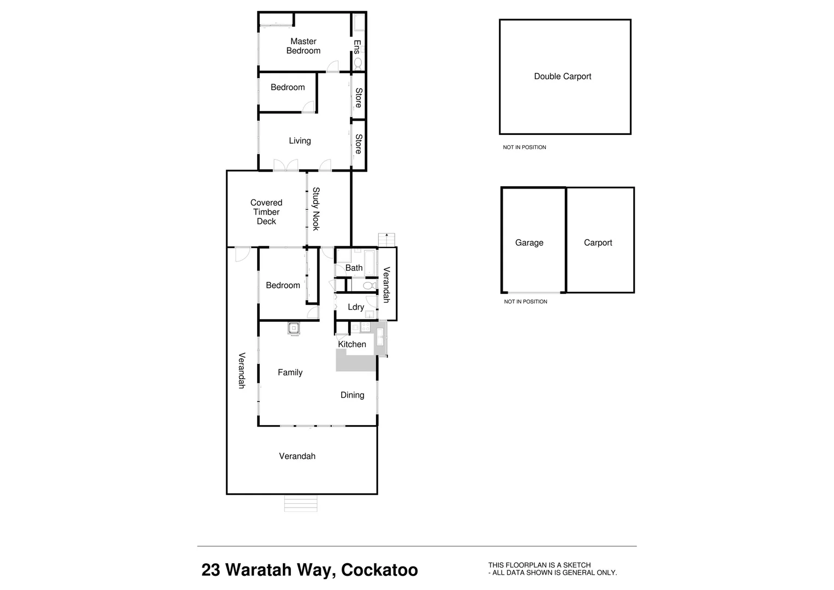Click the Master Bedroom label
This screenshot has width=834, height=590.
303,46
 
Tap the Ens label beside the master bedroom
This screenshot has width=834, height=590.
358,46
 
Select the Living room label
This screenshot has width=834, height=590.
300,141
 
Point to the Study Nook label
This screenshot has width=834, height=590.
316,209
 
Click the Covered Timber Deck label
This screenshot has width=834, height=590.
266,212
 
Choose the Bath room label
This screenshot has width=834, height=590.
354,268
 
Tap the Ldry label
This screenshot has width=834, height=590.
356,307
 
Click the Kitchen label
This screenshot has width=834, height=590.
352,344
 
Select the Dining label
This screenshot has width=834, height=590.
352,395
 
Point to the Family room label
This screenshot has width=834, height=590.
290,373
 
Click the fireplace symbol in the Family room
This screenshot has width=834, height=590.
294,328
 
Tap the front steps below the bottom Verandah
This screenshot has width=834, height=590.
301,503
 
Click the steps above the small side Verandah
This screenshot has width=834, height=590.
386,240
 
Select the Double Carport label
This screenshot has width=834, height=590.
562,76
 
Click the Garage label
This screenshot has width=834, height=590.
529,243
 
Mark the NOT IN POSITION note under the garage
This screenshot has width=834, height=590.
525,302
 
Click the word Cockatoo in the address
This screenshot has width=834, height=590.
379,570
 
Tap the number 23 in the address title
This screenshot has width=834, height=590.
211,570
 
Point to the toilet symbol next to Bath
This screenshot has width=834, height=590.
368,285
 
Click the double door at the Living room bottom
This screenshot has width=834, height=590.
285,165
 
